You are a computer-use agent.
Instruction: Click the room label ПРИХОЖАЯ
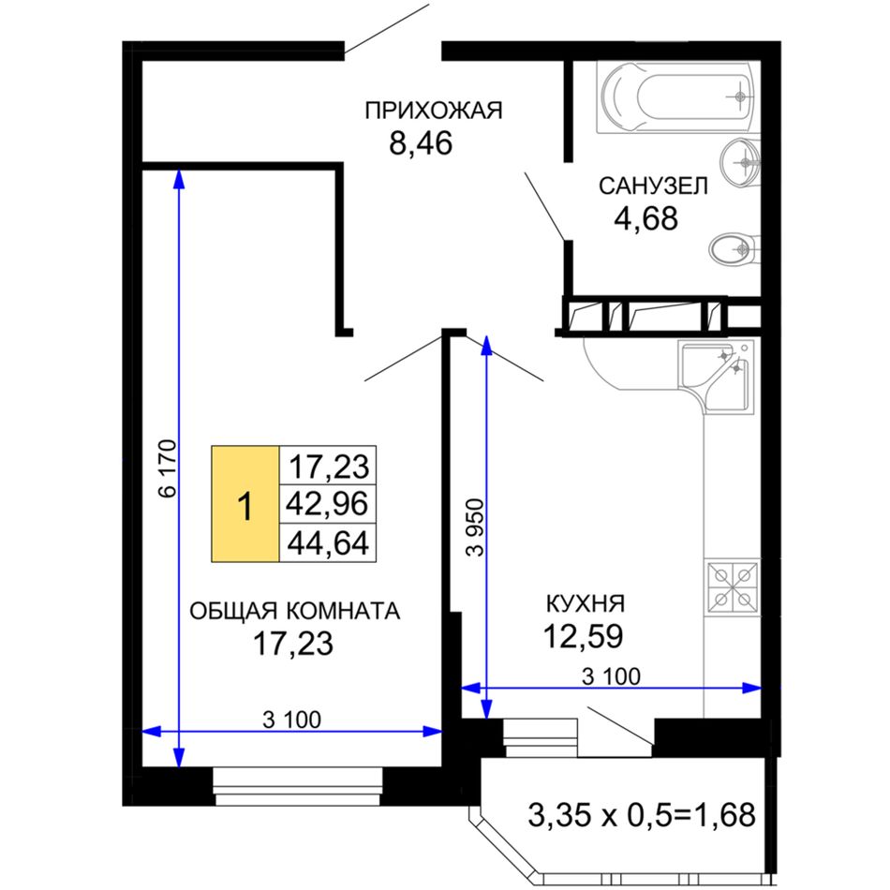point(434,111)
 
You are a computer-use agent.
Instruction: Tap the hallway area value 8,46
point(421,142)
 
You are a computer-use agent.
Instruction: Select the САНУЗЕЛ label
point(653,185)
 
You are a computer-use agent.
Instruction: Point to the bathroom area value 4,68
point(645,218)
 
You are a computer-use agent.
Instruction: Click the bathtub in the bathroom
point(678,97)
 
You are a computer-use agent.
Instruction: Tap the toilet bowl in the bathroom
point(734,248)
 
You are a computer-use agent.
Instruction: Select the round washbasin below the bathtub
point(740,162)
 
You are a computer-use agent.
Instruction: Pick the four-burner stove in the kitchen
point(733,586)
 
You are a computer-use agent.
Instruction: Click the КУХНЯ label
point(586,603)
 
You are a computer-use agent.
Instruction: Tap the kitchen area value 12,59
point(583,636)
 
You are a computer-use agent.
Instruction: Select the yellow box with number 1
point(245,503)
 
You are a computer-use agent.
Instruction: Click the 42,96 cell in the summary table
point(328,503)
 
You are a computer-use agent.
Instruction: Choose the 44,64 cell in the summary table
point(328,542)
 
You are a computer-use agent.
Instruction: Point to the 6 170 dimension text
point(169,468)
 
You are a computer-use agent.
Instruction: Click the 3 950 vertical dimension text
point(475,527)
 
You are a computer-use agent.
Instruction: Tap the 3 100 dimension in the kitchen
point(612,676)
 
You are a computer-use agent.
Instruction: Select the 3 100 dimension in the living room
point(291,719)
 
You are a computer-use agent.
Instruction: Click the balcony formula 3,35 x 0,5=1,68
point(642,814)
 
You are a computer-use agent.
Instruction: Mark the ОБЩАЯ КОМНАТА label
point(294,611)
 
